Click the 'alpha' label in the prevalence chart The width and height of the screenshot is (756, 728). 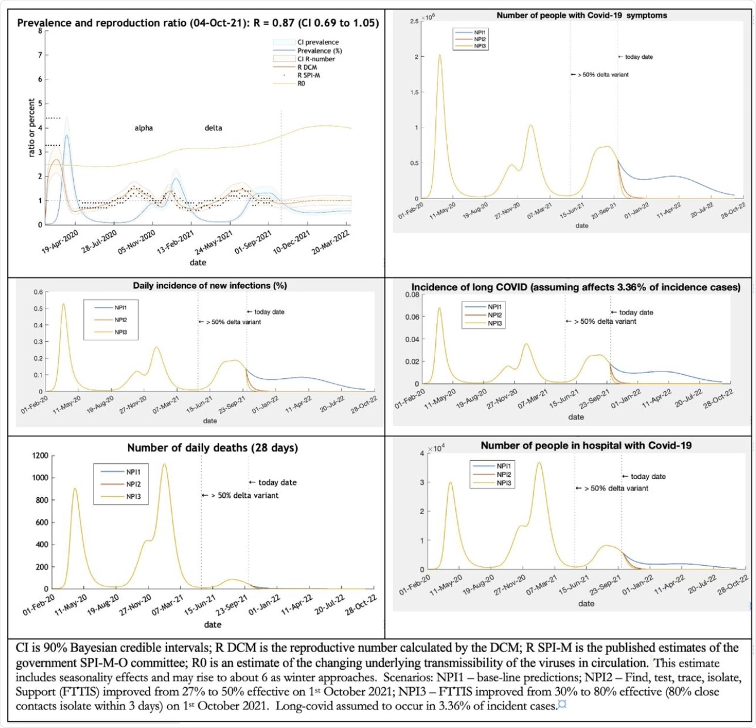(x=143, y=128)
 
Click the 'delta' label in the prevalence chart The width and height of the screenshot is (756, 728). (x=213, y=128)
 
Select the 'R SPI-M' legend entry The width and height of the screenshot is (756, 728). (x=308, y=75)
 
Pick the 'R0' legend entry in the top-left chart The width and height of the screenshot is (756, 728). (x=301, y=83)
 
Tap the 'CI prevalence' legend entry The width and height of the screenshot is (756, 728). (x=318, y=42)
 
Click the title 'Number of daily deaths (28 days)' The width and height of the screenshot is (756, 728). (x=212, y=448)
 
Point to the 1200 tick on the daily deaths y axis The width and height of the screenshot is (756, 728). (x=40, y=455)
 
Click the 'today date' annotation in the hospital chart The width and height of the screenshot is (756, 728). (x=648, y=477)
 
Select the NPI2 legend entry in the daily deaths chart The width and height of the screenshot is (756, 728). (x=133, y=484)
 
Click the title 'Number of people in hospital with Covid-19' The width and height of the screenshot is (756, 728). (x=586, y=446)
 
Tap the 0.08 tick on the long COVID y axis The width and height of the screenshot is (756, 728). (x=412, y=295)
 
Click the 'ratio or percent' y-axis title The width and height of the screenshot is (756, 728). (x=32, y=128)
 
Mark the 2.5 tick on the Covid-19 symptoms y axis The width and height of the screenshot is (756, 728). (x=414, y=21)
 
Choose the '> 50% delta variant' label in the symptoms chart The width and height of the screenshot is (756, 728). (x=603, y=74)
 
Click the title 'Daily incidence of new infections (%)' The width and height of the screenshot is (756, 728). (x=210, y=286)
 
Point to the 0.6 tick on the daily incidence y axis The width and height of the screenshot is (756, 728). (x=37, y=292)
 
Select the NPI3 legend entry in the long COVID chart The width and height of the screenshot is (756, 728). (x=494, y=323)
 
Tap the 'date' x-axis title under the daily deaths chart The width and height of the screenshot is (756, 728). (x=213, y=624)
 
